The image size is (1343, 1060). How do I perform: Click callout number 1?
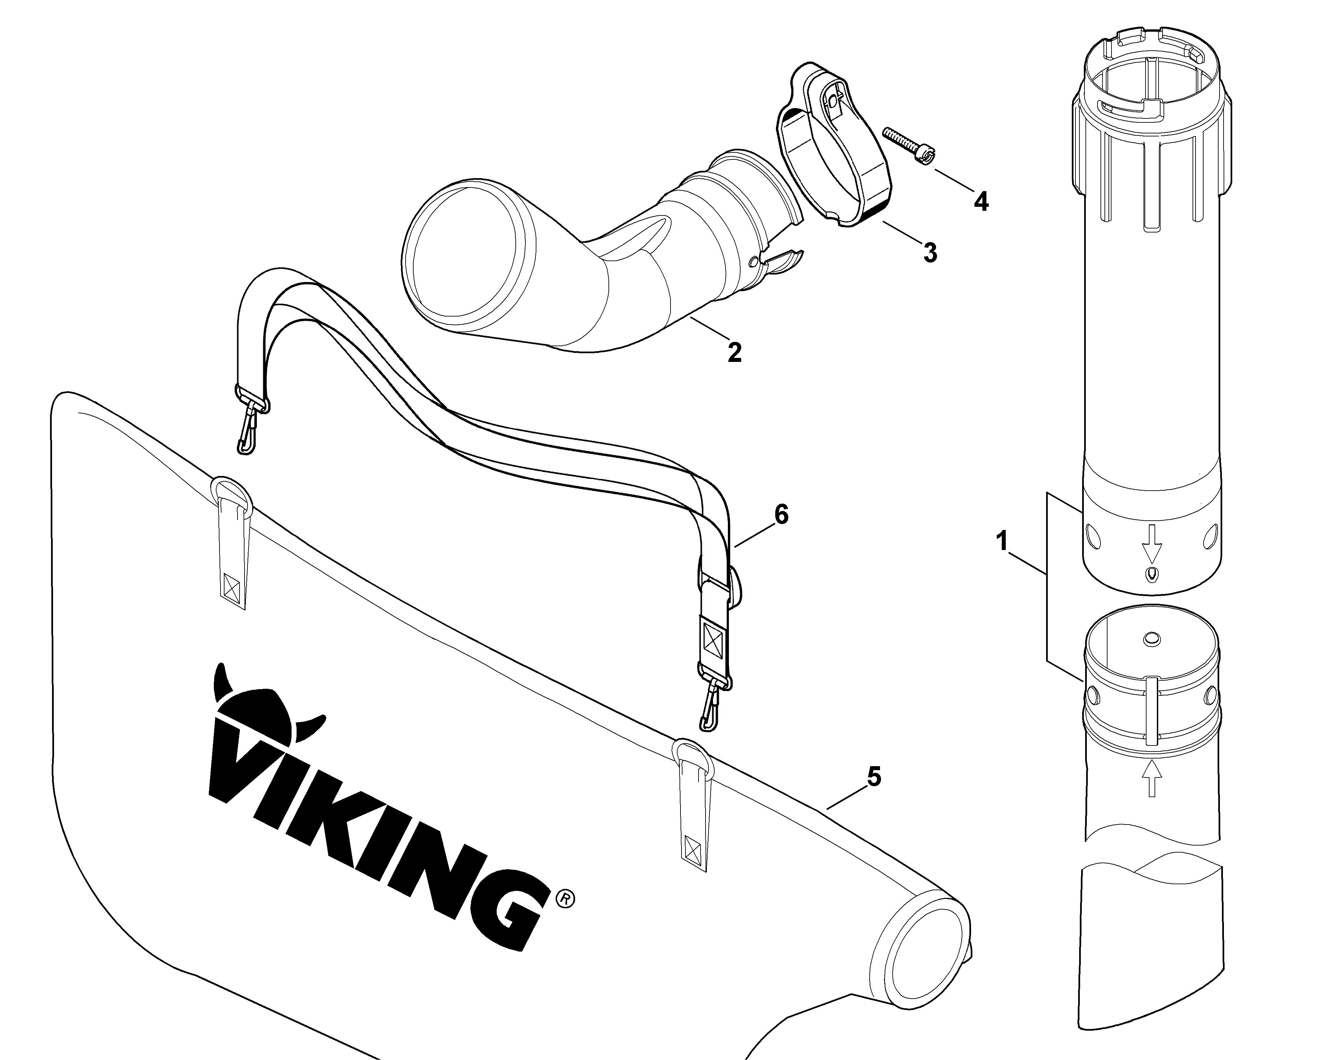(x=1002, y=541)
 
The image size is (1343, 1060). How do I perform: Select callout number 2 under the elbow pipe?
(x=734, y=353)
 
